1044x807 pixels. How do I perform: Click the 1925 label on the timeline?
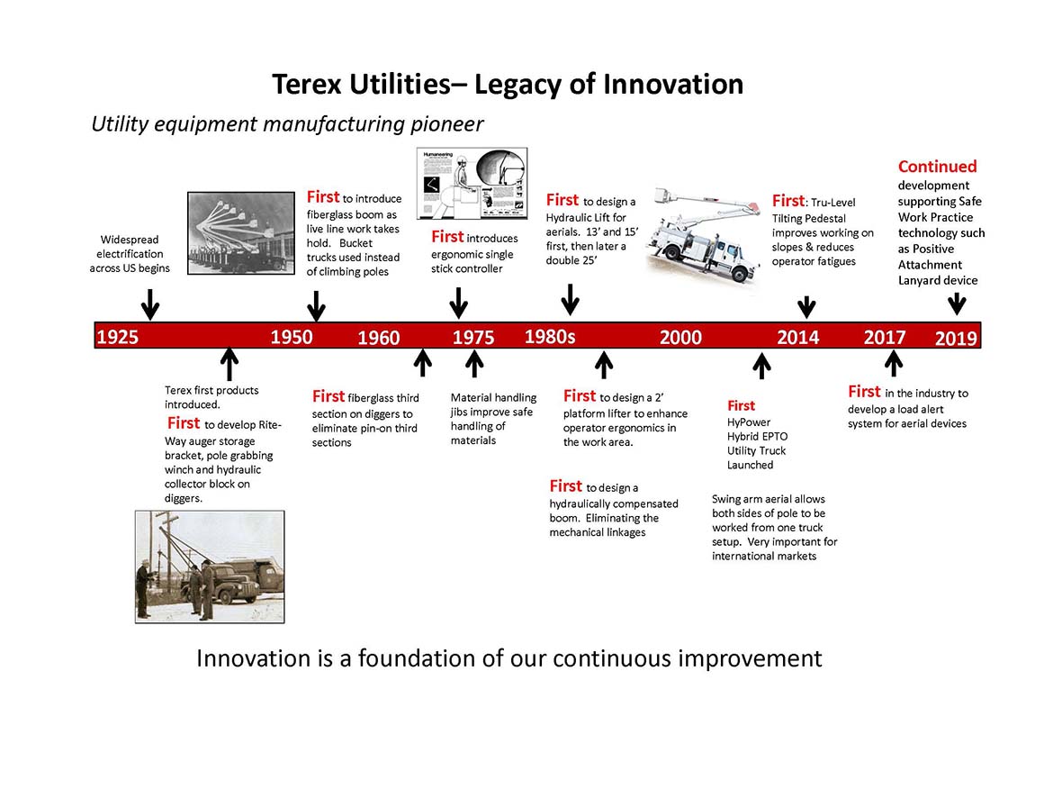coord(117,337)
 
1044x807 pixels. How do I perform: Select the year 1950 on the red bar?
coord(292,337)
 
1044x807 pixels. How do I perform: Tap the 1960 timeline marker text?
coord(379,337)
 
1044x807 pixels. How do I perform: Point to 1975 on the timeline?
coord(473,337)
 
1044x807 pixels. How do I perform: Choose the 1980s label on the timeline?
coord(550,337)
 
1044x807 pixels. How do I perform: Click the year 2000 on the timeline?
coord(680,337)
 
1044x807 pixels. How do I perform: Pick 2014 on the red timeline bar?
coord(798,337)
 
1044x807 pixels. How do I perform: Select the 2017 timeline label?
coord(885,337)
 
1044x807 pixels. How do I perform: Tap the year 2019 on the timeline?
coord(956,338)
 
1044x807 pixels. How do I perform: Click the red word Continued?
coord(938,167)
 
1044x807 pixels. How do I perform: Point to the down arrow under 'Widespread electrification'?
coord(150,304)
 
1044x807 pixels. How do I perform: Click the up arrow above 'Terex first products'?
coord(229,364)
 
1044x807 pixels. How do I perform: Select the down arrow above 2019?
coord(957,304)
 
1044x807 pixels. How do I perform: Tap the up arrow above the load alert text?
coord(894,363)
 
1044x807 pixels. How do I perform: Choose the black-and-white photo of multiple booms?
coord(241,233)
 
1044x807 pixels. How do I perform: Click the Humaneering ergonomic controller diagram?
coord(472,183)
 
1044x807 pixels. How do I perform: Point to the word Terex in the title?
coord(307,85)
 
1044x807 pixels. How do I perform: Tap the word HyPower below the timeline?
coord(749,422)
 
